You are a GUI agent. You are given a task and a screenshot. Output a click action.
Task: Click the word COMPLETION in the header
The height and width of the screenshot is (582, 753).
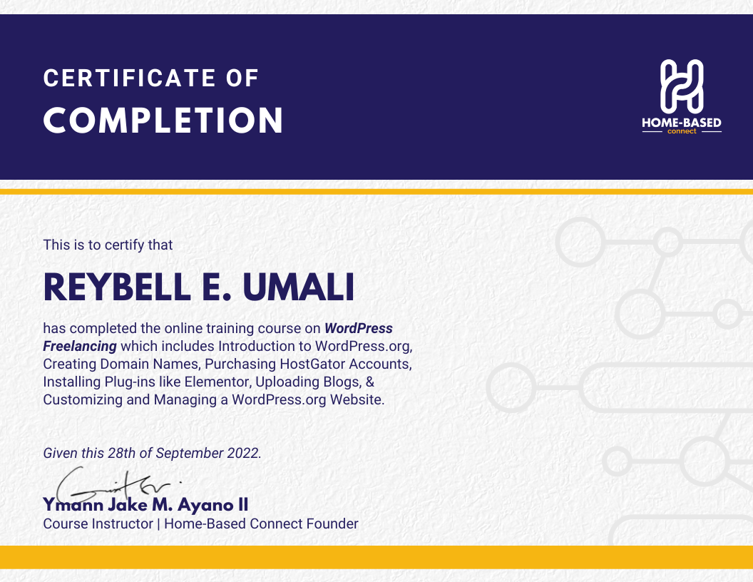tap(163, 120)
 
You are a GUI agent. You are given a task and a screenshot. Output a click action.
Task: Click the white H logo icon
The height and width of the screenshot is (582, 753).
tap(682, 86)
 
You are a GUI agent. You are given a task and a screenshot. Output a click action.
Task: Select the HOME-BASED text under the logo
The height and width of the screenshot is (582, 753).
tap(682, 123)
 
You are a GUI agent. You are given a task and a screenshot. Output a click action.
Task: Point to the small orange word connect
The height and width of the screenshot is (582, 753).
tap(682, 131)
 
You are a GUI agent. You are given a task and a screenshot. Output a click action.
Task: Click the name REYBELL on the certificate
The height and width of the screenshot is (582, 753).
tap(117, 287)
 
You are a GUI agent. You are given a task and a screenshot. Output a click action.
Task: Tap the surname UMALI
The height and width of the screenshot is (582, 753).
tap(299, 287)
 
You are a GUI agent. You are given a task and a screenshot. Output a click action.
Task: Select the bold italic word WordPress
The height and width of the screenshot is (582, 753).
tap(359, 329)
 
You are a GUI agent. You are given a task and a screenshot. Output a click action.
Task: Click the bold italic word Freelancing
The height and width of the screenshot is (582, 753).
tap(80, 347)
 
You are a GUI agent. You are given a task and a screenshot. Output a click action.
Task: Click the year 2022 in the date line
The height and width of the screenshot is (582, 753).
tap(244, 453)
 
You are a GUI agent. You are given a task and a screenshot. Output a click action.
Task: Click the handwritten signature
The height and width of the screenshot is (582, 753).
tap(116, 484)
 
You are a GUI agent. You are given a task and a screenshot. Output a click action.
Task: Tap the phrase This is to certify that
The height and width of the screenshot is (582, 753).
tap(108, 245)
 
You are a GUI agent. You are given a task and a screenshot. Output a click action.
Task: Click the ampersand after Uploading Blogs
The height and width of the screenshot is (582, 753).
tap(370, 382)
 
